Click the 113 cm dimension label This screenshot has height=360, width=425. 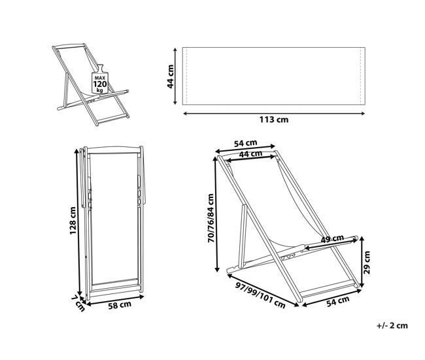pyautogui.click(x=274, y=120)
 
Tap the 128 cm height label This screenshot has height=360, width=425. pyautogui.click(x=73, y=220)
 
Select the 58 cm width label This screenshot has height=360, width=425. pyautogui.click(x=120, y=305)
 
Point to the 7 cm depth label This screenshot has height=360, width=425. pyautogui.click(x=78, y=303)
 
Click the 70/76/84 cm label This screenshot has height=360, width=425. pyautogui.click(x=211, y=218)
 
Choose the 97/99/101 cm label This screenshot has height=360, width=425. pyautogui.click(x=260, y=295)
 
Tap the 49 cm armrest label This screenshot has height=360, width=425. pyautogui.click(x=332, y=239)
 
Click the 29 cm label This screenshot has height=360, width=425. pyautogui.click(x=367, y=263)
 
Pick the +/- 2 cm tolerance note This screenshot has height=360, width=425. pyautogui.click(x=392, y=325)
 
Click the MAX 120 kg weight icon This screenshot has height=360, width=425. pyautogui.click(x=100, y=80)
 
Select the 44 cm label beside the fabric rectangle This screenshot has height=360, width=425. pyautogui.click(x=170, y=76)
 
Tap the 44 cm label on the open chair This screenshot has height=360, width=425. pyautogui.click(x=250, y=154)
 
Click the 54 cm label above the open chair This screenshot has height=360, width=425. pyautogui.click(x=246, y=143)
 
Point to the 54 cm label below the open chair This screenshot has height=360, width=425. pyautogui.click(x=338, y=301)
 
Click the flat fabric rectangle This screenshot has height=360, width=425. pyautogui.click(x=274, y=76)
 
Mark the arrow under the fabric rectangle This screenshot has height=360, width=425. pyautogui.click(x=274, y=114)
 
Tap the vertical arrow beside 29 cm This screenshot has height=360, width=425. pyautogui.click(x=362, y=262)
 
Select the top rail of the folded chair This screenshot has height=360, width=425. pyautogui.click(x=114, y=150)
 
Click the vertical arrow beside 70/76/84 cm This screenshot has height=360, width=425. pyautogui.click(x=216, y=214)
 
